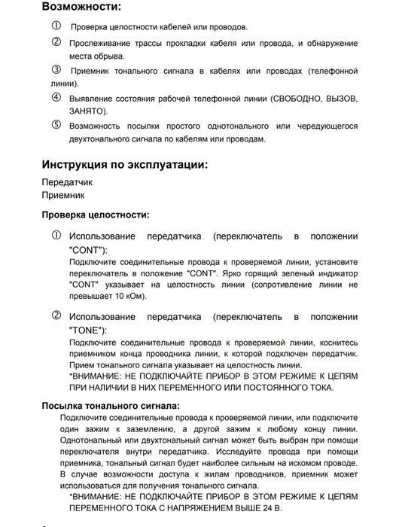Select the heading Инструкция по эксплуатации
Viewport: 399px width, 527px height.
[125, 164]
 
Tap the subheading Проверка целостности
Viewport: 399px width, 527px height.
[95, 215]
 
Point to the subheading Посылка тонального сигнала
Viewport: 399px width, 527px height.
[110, 405]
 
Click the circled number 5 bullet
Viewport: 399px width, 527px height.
[56, 124]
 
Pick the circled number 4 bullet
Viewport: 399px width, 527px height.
[56, 98]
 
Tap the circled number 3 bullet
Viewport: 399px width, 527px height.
[56, 70]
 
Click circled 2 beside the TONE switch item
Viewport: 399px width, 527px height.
[56, 316]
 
